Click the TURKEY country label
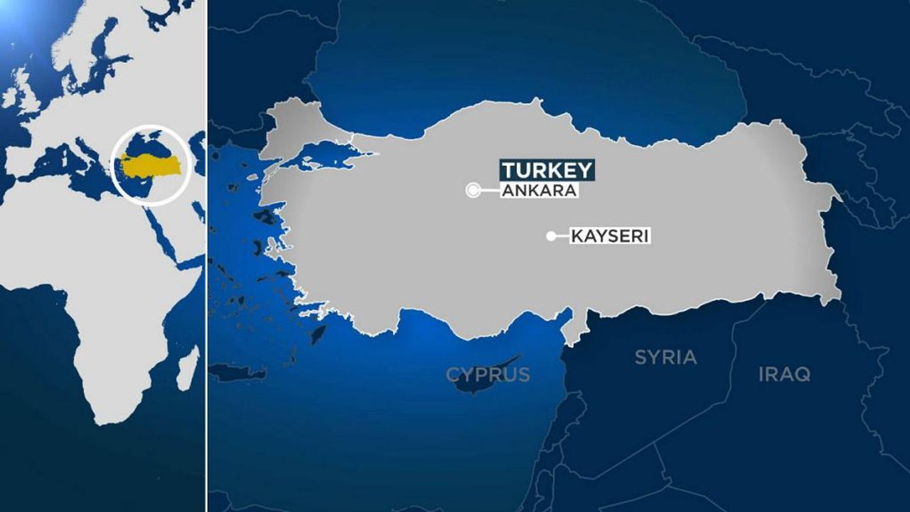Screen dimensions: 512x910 pyautogui.click(x=547, y=171)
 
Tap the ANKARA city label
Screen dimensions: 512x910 pyautogui.click(x=538, y=191)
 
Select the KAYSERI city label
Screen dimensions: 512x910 pyautogui.click(x=610, y=236)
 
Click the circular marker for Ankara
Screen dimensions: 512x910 pyautogui.click(x=473, y=190)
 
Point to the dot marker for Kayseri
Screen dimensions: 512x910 pyautogui.click(x=550, y=236)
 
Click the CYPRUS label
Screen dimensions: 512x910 pyautogui.click(x=488, y=374)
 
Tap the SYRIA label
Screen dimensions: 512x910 pyautogui.click(x=665, y=357)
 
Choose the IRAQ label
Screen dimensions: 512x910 pyautogui.click(x=784, y=374)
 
